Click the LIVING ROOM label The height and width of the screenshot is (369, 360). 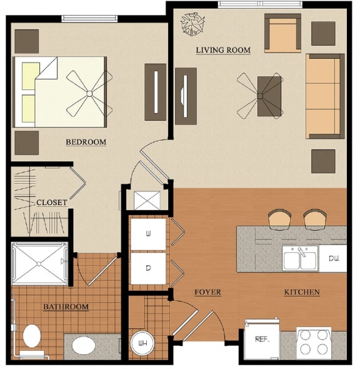(x=223, y=50)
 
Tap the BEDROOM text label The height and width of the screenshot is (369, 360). (x=86, y=142)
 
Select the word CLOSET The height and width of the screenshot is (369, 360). (x=52, y=203)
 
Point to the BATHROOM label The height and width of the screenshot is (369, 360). (x=66, y=307)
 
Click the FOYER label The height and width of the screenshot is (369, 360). (x=207, y=292)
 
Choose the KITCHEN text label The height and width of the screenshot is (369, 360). (x=302, y=292)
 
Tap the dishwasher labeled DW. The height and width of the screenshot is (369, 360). (x=332, y=258)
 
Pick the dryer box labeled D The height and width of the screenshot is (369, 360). (x=149, y=268)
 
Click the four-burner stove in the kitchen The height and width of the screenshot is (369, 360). (x=314, y=343)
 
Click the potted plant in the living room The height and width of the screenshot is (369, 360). (x=191, y=26)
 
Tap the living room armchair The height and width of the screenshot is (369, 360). (x=282, y=33)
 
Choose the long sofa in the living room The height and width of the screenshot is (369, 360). (x=324, y=96)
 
